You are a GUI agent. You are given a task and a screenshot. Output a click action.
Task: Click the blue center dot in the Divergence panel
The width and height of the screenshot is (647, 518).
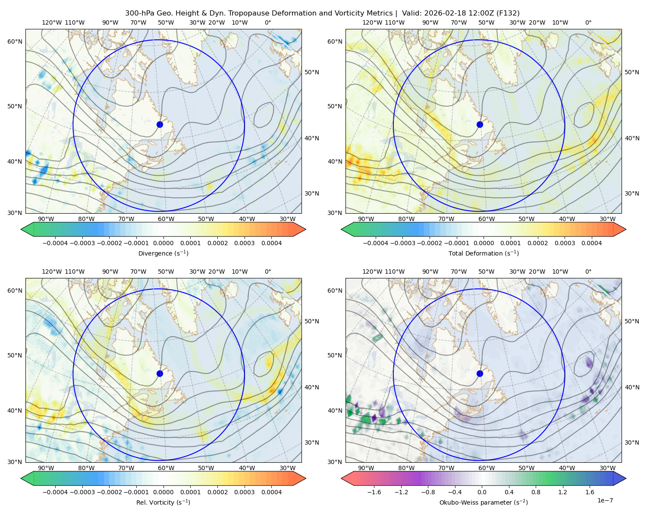(160, 124)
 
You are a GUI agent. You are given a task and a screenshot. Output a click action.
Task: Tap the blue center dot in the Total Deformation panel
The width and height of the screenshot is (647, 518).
(480, 124)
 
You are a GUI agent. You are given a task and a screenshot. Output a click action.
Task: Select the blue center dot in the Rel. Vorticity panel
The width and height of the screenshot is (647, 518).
(160, 373)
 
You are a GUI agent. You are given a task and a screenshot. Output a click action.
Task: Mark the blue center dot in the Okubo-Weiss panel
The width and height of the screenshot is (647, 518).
(480, 373)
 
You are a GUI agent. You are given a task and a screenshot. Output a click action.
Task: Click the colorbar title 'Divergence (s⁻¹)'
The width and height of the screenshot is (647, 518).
(163, 253)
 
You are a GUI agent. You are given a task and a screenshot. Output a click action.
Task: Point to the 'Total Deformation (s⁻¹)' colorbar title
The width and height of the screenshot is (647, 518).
(484, 253)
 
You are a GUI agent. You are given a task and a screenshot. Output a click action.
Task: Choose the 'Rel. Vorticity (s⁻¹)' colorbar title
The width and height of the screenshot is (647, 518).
(163, 502)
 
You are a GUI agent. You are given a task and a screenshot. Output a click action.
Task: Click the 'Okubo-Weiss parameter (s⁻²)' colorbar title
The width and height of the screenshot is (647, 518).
(484, 502)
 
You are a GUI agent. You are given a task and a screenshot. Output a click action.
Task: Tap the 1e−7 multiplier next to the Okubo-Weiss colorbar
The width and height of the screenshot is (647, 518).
(605, 500)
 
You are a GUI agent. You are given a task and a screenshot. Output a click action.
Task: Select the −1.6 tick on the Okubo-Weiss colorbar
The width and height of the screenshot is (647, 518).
(374, 492)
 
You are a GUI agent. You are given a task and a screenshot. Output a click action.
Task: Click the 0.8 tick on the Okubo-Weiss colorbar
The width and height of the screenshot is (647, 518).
(536, 492)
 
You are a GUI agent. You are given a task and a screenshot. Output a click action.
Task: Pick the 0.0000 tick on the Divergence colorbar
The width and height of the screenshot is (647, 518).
(163, 243)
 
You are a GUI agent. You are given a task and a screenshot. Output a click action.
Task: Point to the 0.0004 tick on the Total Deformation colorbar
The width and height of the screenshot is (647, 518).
(591, 243)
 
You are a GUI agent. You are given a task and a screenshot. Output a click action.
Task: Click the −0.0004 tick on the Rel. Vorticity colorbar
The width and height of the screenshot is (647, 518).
(55, 492)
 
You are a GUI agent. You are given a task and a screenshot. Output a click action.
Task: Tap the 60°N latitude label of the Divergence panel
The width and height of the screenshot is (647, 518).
(15, 41)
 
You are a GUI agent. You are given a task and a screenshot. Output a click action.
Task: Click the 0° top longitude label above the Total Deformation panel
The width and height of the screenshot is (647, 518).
(588, 22)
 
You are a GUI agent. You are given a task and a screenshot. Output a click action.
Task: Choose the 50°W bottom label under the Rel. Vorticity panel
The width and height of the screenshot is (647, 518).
(206, 468)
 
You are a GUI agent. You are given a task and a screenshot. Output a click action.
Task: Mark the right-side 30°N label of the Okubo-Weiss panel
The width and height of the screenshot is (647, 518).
(632, 442)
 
